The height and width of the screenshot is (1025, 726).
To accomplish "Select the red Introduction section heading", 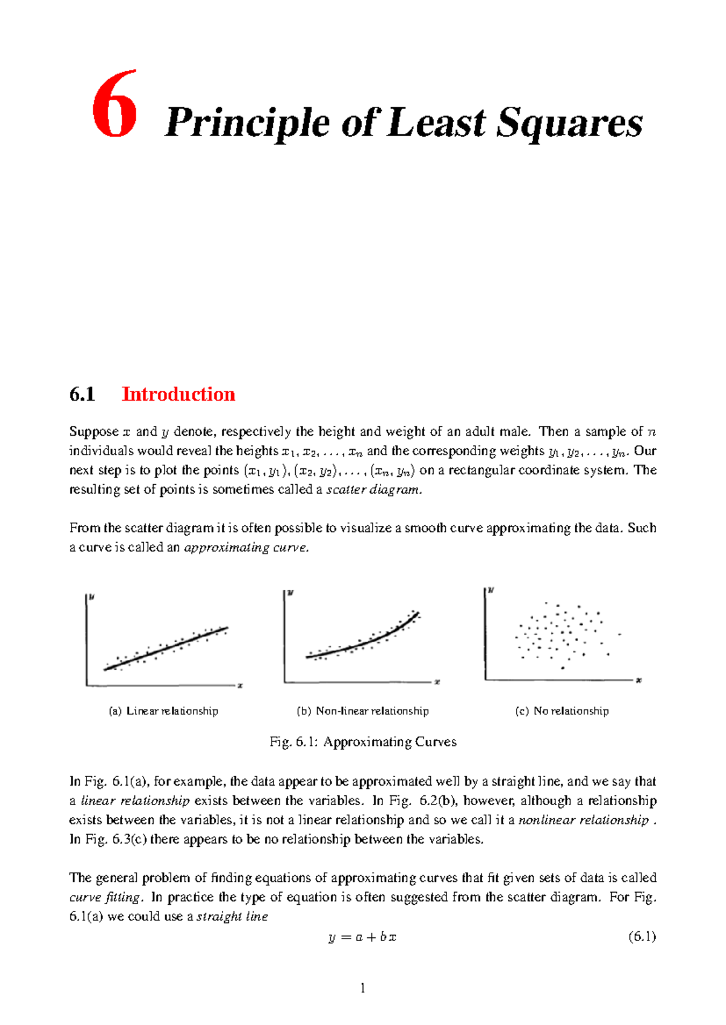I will coord(178,394).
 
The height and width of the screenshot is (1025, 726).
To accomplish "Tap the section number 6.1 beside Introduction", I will coord(82,395).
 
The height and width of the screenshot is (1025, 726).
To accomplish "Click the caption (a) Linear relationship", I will coord(163,711).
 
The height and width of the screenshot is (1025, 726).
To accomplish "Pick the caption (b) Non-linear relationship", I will coord(362,711).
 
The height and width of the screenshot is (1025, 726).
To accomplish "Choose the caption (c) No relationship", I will coord(561,711).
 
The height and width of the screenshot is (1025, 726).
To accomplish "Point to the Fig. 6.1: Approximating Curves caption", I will coord(363,742).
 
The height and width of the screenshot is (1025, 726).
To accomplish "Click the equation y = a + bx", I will coord(362,937).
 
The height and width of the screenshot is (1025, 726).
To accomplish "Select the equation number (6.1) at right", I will coord(642,937).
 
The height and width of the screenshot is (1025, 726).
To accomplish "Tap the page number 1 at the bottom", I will coord(363,989).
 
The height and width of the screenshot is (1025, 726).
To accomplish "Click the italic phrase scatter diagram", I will coord(373,490).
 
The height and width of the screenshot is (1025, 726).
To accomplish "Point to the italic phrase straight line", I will coord(232,917).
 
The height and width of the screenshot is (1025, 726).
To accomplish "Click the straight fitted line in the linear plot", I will coord(166,648).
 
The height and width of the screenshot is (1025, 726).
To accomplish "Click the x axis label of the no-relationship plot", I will coord(639,681).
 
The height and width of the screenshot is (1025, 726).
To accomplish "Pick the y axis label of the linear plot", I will coord(92,598).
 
